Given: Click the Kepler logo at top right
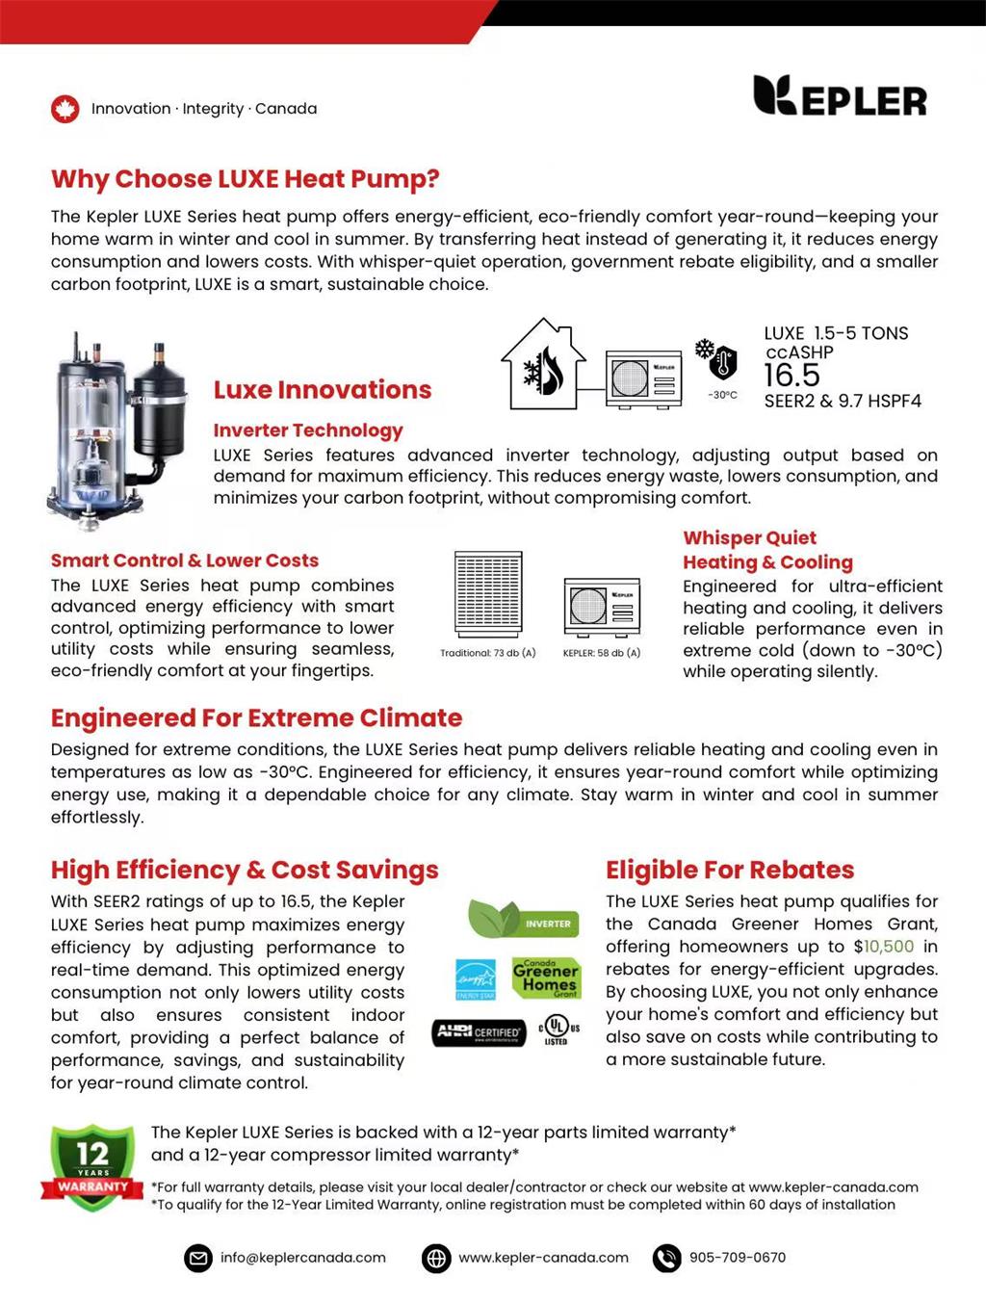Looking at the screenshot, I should (839, 96).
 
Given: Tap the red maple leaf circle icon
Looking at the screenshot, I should (65, 109).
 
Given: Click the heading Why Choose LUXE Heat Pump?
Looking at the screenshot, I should (246, 179).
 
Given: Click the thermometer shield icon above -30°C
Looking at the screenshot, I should (721, 361).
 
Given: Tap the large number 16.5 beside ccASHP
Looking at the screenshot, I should (791, 376).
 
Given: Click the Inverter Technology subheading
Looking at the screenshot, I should (308, 430).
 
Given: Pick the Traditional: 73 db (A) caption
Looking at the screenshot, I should (487, 653).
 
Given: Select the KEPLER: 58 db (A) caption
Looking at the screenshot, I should (602, 653).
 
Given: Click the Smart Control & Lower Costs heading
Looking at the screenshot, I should (185, 560).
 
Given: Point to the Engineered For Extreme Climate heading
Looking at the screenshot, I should (256, 718).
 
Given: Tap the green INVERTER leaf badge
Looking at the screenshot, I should (524, 921).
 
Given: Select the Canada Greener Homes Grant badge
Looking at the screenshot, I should (546, 977).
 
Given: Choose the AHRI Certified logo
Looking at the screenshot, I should (479, 1032).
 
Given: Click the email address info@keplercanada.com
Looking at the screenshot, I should (302, 1258).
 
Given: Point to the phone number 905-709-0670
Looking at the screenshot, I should (737, 1258).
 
